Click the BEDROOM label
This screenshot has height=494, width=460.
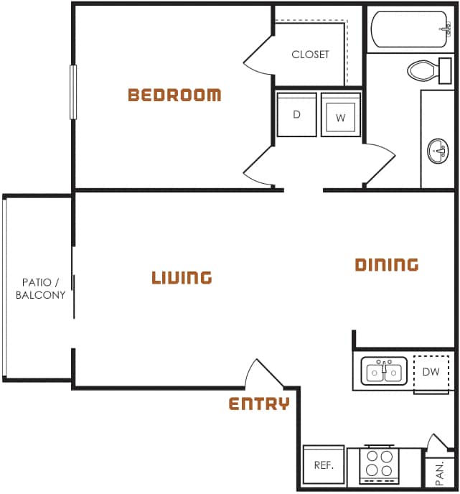coord(174,95)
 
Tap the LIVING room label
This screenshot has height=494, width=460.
coord(182,277)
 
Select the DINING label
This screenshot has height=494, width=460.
coord(387,265)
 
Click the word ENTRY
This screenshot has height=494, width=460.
coord(259,404)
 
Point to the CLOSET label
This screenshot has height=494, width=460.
coord(310,55)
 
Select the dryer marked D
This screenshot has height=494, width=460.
coord(296,114)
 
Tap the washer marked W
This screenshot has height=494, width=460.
coord(340,115)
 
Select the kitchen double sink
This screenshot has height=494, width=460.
coord(384,372)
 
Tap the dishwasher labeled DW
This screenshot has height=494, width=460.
coord(431,372)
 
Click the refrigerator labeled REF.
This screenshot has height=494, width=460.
coord(324,465)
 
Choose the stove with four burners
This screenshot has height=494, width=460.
coord(380,464)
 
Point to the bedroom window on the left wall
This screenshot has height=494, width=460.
coord(72,92)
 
